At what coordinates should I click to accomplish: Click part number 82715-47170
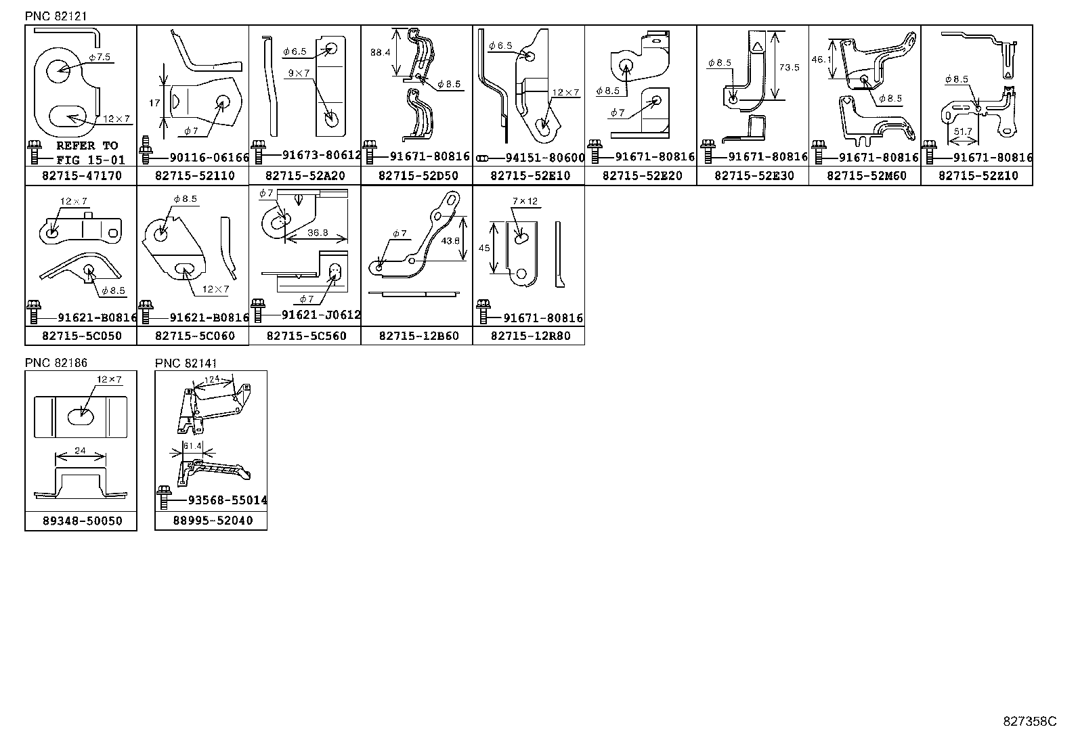(x=81, y=176)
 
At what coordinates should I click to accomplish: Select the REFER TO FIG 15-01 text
(x=86, y=152)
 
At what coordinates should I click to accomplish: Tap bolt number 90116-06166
(x=209, y=158)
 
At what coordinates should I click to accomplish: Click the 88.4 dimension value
(x=380, y=52)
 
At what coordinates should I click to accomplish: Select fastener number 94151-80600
(x=544, y=158)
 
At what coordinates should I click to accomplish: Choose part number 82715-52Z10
(x=978, y=176)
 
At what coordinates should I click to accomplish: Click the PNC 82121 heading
(x=56, y=16)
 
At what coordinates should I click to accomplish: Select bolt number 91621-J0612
(x=321, y=315)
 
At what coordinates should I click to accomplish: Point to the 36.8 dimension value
(x=318, y=232)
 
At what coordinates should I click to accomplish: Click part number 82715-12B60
(x=418, y=336)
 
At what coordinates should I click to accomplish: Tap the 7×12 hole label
(x=525, y=202)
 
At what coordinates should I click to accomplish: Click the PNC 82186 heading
(x=56, y=364)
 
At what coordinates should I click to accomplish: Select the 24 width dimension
(x=81, y=450)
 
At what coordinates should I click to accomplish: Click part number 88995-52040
(x=212, y=521)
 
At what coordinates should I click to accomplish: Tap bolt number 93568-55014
(x=227, y=500)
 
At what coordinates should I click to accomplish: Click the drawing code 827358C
(x=1029, y=722)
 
